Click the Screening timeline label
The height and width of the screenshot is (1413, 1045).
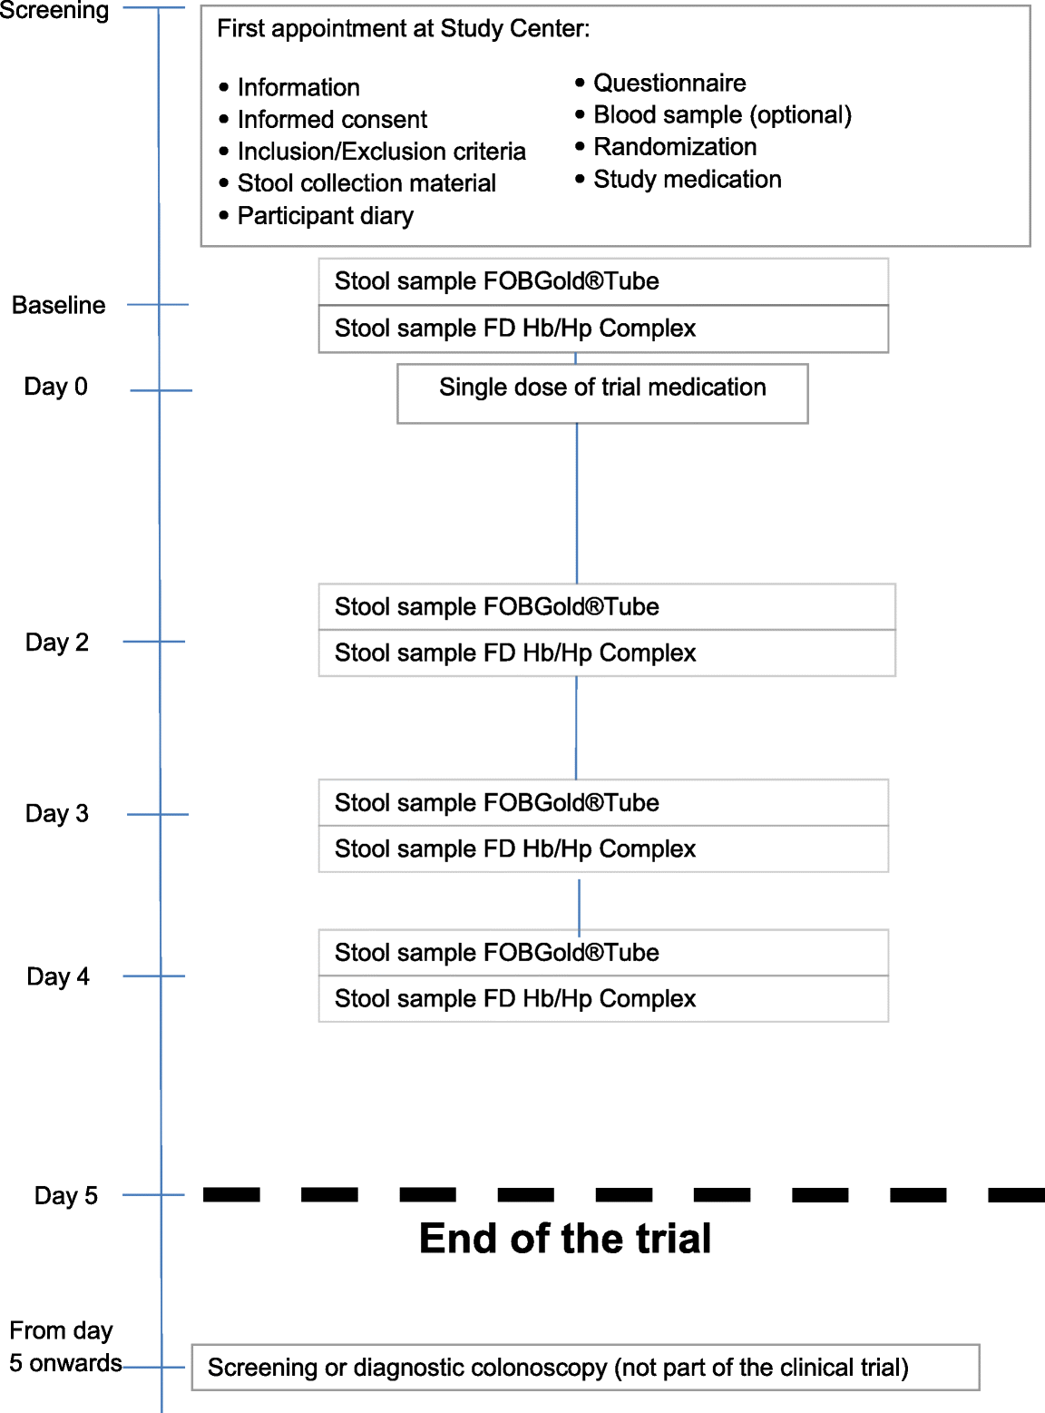54,11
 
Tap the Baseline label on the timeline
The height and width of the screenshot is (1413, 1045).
58,305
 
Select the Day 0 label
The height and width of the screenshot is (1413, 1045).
55,387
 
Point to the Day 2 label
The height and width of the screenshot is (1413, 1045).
56,643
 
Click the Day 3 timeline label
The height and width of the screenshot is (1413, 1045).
56,813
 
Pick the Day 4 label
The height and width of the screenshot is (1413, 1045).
57,976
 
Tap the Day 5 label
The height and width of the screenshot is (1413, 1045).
65,1195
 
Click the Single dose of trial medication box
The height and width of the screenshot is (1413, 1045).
602,393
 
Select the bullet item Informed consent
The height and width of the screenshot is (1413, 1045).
332,120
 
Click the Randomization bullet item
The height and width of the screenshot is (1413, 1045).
674,147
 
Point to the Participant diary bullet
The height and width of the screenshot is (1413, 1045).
325,216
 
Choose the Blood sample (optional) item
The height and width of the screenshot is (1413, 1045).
722,115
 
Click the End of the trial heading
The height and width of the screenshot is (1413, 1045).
565,1239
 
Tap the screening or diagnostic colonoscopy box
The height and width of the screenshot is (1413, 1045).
585,1368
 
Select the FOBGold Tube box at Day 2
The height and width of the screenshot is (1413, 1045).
606,606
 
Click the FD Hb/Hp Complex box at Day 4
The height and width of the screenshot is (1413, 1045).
603,999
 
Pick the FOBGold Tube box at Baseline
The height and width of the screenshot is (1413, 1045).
603,281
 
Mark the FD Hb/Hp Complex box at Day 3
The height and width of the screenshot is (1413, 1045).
603,849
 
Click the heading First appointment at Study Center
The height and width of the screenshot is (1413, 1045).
403,29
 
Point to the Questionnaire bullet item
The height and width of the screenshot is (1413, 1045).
669,83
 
